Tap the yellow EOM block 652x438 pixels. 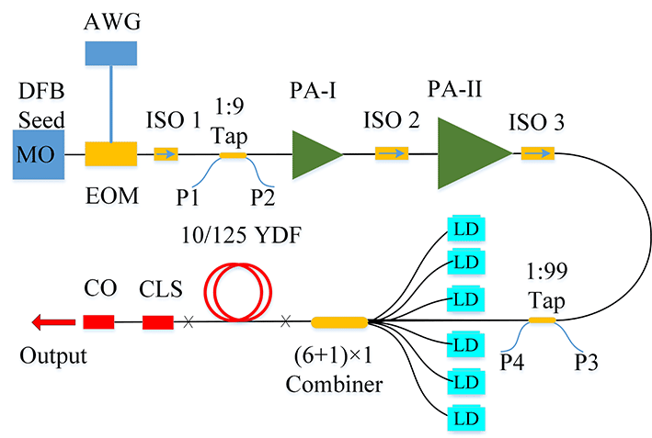111,154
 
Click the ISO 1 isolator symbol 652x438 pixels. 166,154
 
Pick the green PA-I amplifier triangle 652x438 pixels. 315,153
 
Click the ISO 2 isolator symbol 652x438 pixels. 390,154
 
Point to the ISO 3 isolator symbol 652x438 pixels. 538,153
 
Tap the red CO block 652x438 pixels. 98,321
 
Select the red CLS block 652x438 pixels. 157,321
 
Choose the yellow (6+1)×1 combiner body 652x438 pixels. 339,321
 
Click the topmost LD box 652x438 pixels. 465,228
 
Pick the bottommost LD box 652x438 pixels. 465,415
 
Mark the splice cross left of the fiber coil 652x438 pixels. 189,321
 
